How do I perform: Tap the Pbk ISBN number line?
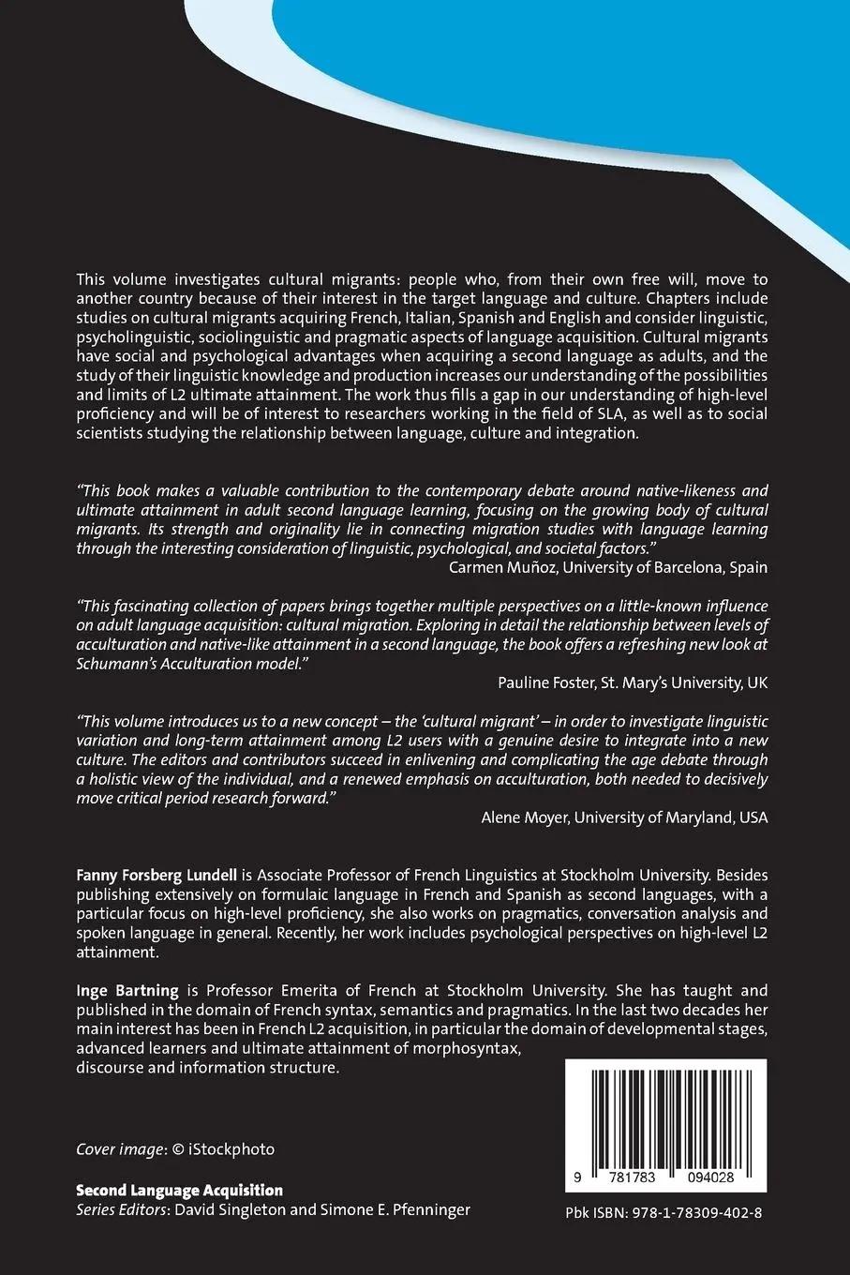click(x=664, y=1212)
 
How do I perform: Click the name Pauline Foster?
click(x=545, y=682)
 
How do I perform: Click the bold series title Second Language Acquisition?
click(x=179, y=1190)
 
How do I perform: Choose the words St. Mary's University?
click(x=665, y=682)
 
